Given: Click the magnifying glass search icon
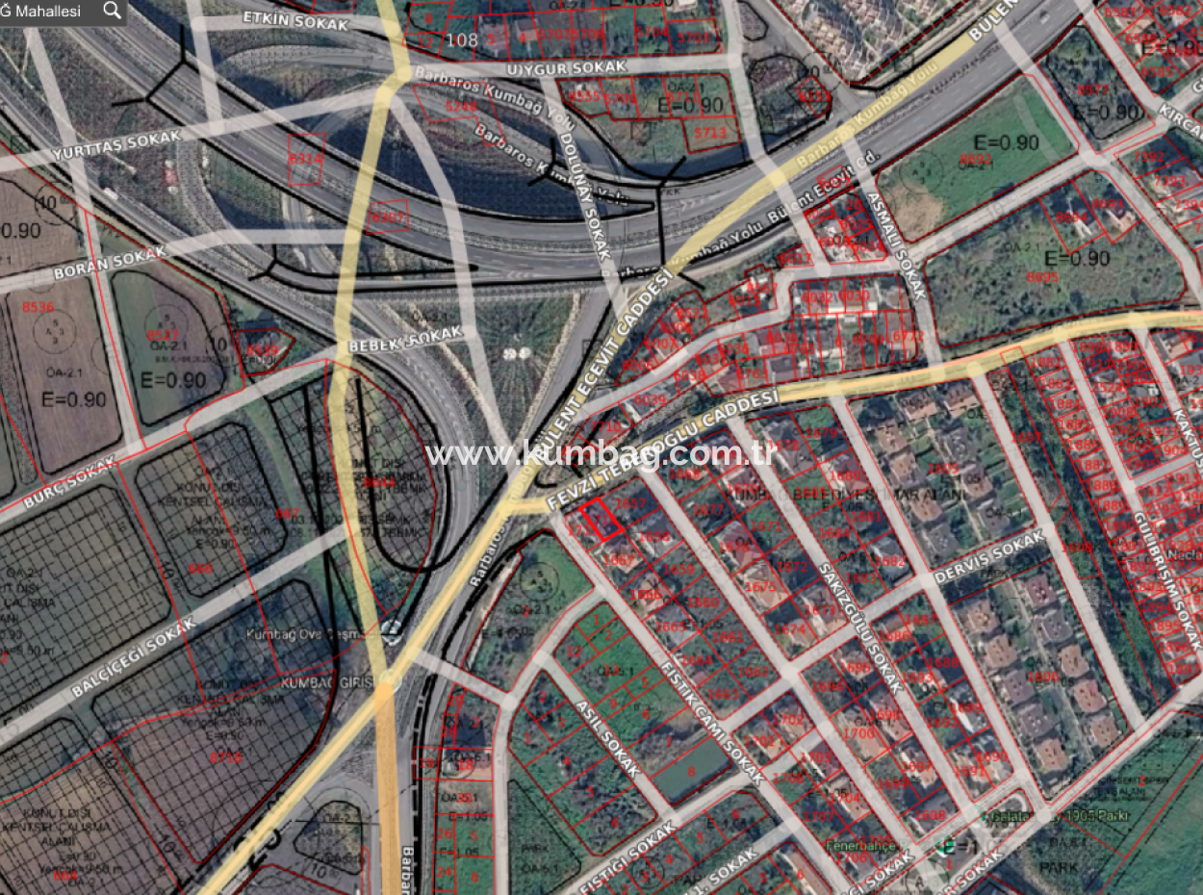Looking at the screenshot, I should point(113,11).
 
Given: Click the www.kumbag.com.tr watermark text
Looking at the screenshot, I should point(601,453).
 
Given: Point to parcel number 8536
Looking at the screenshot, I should point(38,308).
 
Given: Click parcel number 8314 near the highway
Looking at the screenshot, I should point(306,157).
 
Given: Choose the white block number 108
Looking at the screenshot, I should point(463,39).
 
